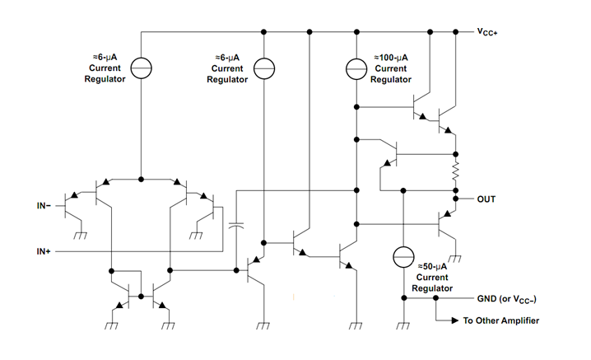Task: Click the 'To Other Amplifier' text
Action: tap(501, 320)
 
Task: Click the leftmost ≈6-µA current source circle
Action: tap(142, 68)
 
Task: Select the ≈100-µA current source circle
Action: tap(356, 68)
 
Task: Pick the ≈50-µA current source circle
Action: tap(403, 257)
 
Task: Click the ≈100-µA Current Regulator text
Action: tap(391, 68)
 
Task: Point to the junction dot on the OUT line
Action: tap(455, 199)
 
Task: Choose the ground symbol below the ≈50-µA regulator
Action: tap(403, 323)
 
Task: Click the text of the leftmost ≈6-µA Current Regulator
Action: tap(103, 68)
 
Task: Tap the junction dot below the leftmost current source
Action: tap(142, 178)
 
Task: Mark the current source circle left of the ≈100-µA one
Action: tap(263, 68)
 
